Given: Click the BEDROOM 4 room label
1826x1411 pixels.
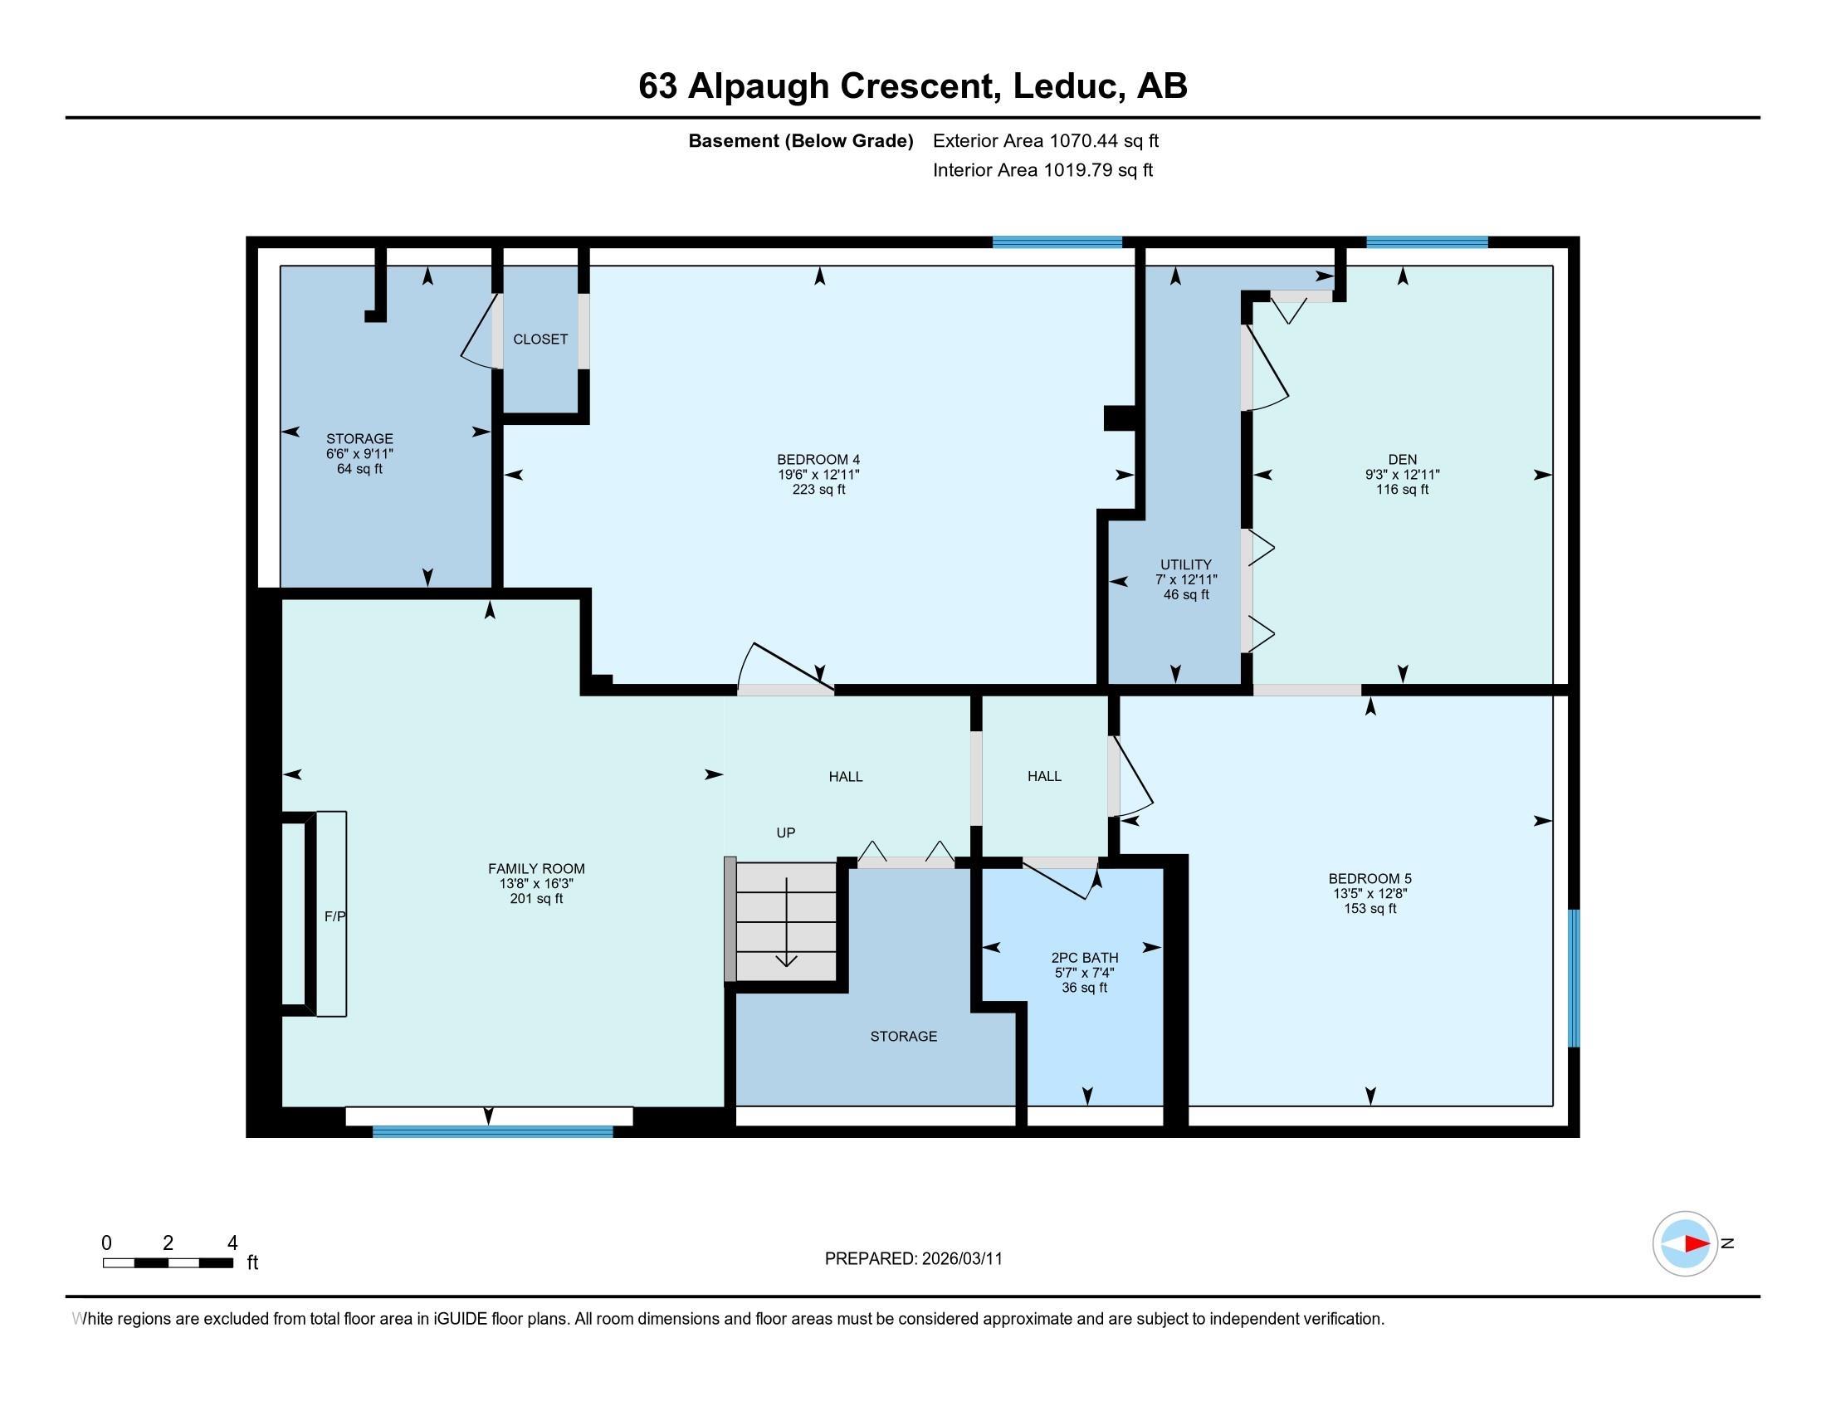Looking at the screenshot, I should click(818, 460).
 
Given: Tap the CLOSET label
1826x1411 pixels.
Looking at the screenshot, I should click(540, 339).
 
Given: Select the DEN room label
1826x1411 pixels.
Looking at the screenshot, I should click(1402, 460).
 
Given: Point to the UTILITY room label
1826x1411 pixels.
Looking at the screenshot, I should click(1184, 565).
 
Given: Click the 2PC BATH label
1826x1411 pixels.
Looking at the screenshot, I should click(1085, 958).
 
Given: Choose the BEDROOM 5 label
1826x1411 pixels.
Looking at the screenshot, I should click(1369, 878).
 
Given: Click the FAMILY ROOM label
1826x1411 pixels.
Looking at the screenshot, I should click(536, 868).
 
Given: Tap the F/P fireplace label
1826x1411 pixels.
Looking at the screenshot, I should click(334, 917).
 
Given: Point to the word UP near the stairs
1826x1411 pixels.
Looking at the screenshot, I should click(785, 832).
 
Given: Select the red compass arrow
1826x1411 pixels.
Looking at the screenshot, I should click(1697, 1244).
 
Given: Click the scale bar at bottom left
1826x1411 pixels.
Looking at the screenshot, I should click(167, 1262).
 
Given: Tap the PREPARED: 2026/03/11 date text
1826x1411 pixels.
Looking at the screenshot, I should click(913, 1259).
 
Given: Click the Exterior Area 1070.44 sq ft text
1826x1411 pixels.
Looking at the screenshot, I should click(1045, 141).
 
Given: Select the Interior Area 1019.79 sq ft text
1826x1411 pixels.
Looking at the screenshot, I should click(1042, 170).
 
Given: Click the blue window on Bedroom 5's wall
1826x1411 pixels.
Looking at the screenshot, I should click(1573, 978).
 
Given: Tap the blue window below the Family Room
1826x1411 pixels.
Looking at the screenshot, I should click(492, 1131).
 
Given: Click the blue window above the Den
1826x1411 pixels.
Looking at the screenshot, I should click(1426, 242).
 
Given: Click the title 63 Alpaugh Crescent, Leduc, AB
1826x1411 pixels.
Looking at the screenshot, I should click(912, 86).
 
